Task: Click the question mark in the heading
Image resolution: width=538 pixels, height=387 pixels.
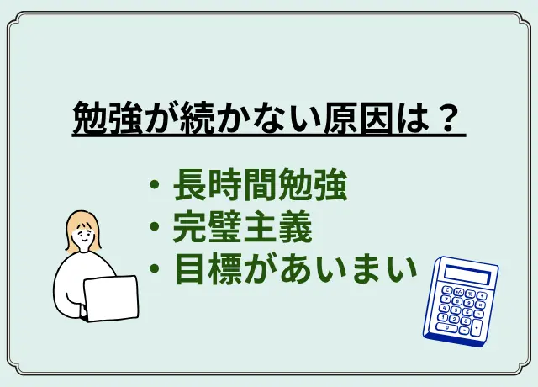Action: [447, 118]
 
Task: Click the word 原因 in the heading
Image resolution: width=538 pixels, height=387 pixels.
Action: [357, 118]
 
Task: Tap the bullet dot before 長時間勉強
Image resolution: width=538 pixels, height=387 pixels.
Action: [155, 185]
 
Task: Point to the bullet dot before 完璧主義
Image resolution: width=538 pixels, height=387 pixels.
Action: [155, 226]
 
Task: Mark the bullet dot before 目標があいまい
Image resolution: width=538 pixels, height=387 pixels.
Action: [155, 268]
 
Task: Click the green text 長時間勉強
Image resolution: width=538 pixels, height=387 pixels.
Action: [261, 185]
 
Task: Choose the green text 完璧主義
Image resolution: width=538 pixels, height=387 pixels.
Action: [243, 226]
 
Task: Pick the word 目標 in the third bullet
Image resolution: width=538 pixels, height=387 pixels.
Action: [208, 268]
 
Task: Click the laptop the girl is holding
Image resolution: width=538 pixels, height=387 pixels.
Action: [110, 299]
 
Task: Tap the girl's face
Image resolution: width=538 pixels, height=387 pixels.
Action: [83, 236]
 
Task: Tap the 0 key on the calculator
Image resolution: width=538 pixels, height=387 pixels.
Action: [446, 327]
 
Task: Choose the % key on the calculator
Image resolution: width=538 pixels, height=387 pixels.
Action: [470, 294]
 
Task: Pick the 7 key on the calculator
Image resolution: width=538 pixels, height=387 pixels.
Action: [446, 300]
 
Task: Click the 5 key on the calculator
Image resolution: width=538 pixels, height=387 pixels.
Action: [456, 310]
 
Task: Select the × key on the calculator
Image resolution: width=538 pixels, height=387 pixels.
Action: [480, 305]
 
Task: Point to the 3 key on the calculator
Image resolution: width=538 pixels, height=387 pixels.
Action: [465, 321]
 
